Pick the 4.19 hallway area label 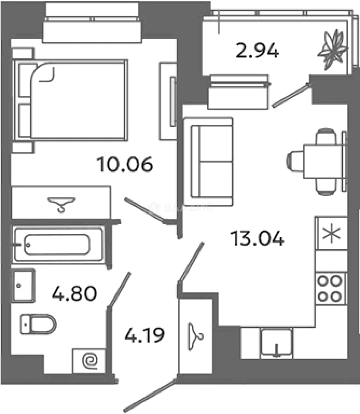pyautogui.click(x=145, y=335)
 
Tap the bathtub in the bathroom pyautogui.click(x=58, y=244)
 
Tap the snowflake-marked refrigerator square pyautogui.click(x=330, y=233)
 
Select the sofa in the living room pyautogui.click(x=212, y=161)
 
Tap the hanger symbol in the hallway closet pyautogui.click(x=196, y=335)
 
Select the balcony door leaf pyautogui.click(x=291, y=94)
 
